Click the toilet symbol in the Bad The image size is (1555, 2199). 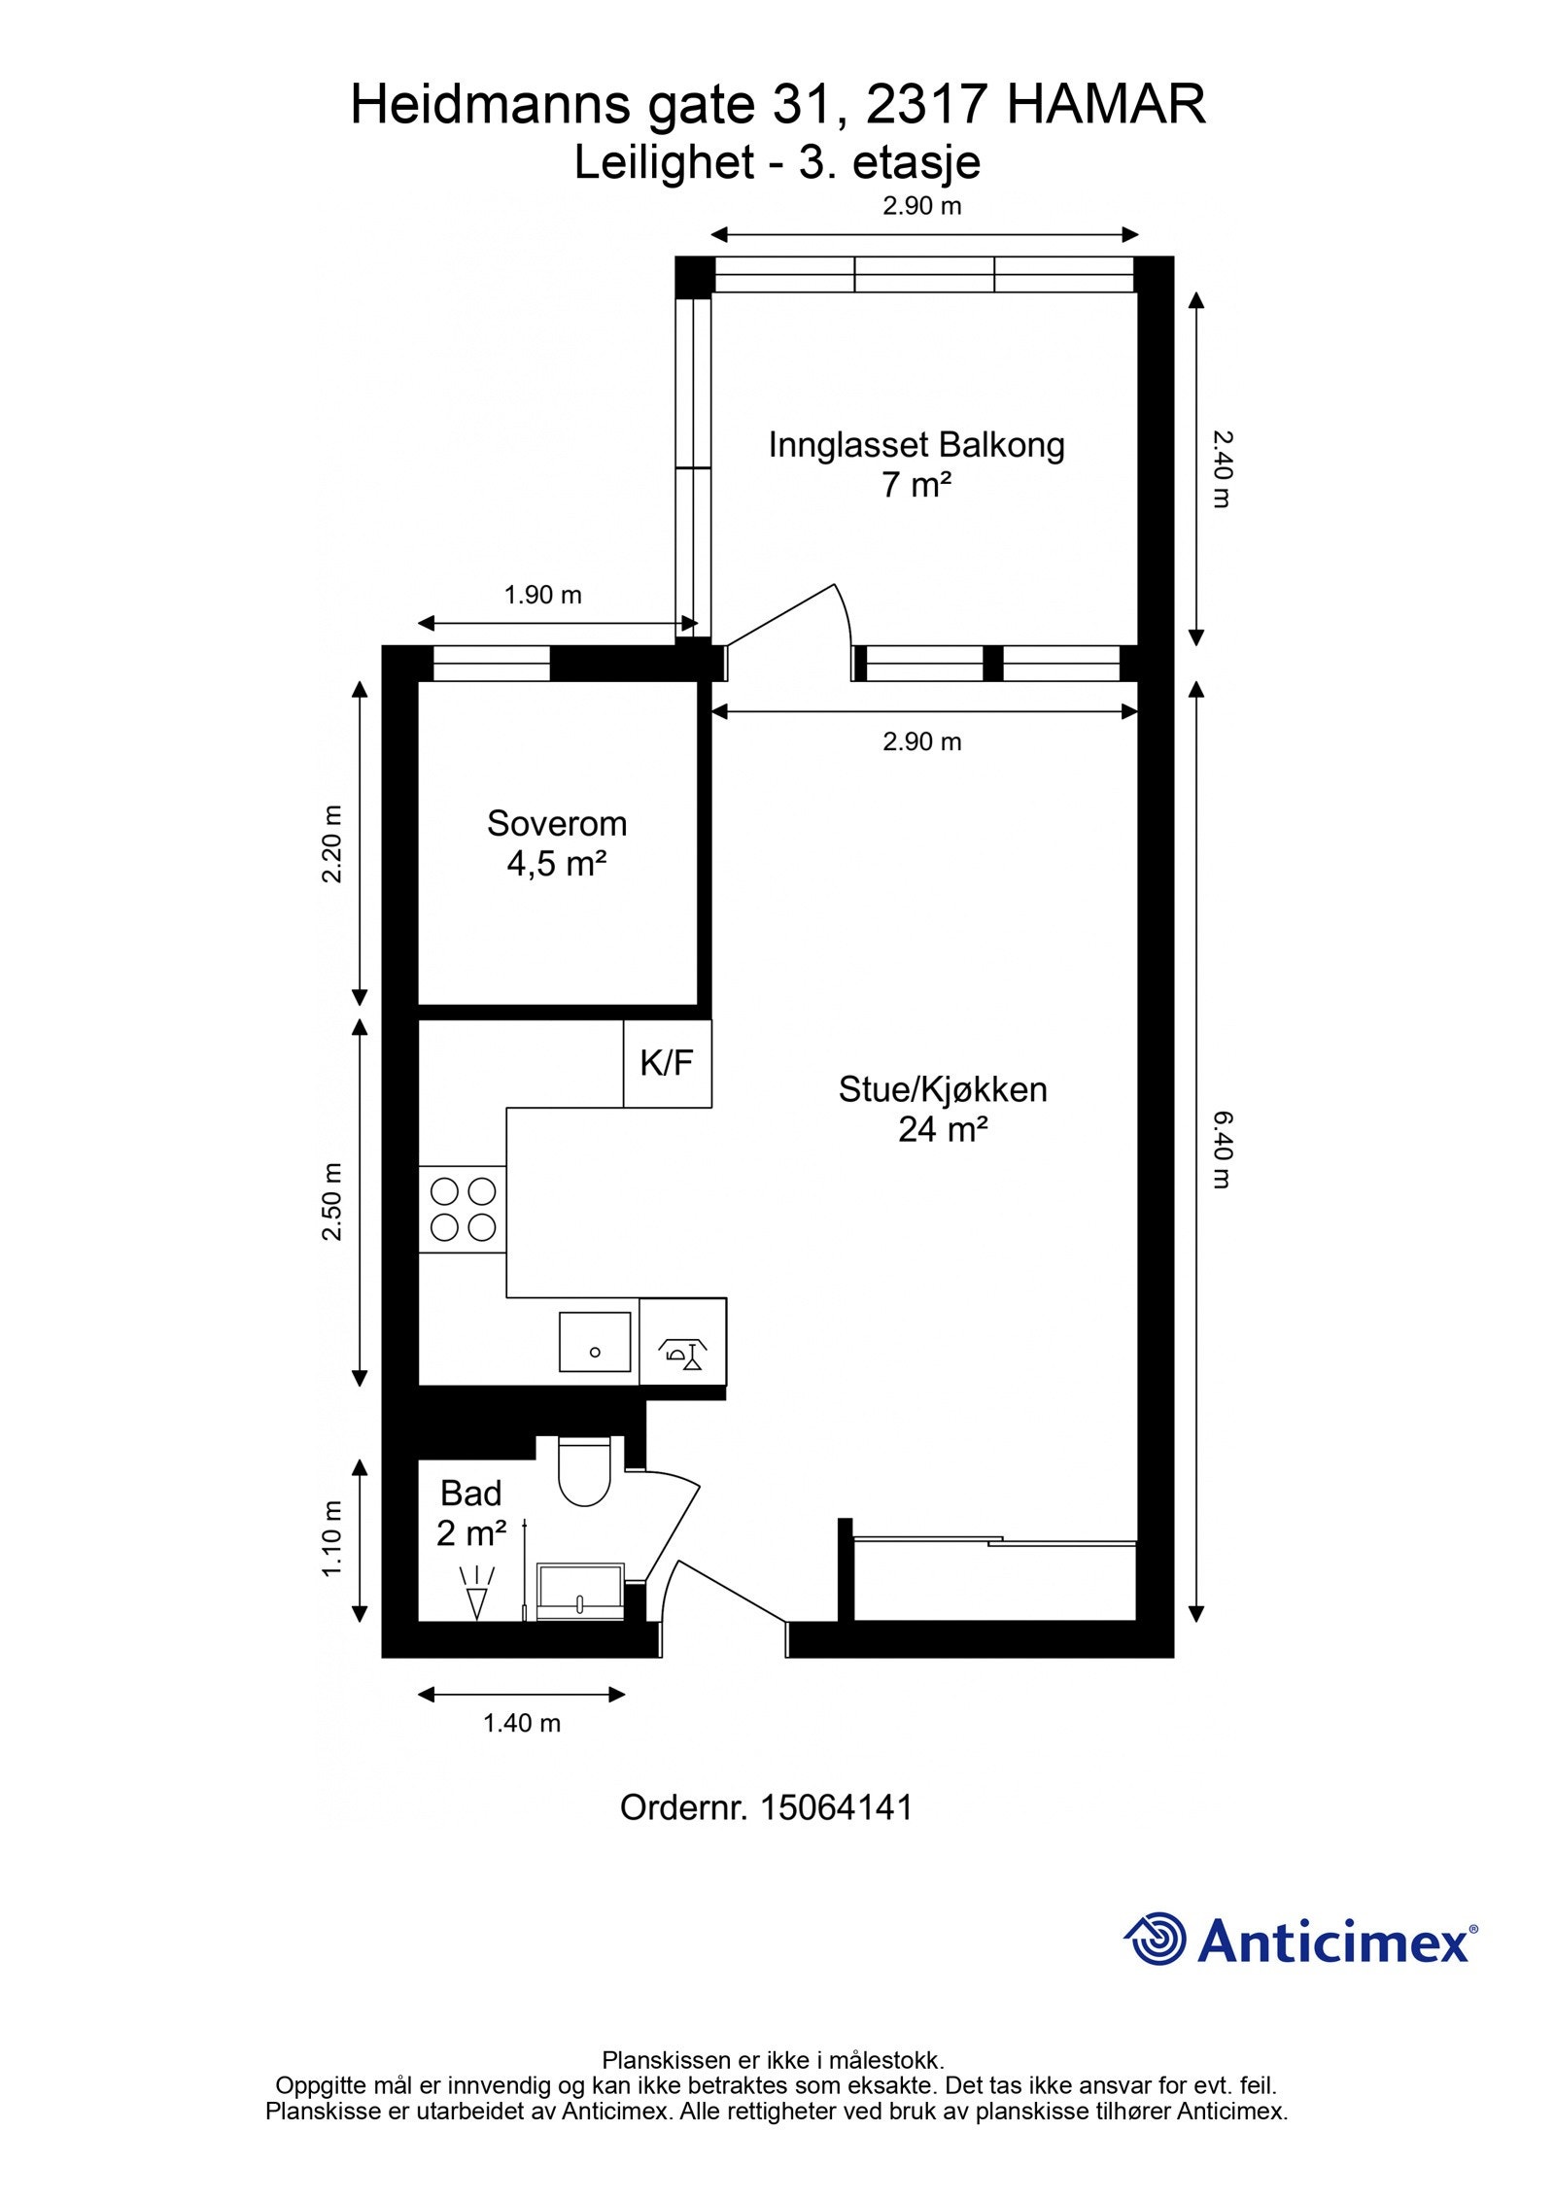click(x=583, y=1475)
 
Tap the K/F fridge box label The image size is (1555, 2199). click(x=667, y=1063)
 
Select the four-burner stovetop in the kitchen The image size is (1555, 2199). click(x=463, y=1209)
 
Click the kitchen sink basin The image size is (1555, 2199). click(x=595, y=1342)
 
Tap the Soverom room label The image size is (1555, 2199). click(x=557, y=823)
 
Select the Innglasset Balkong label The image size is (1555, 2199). click(x=916, y=445)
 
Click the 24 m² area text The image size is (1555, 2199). click(x=943, y=1129)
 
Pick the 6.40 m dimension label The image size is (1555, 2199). click(x=1221, y=1151)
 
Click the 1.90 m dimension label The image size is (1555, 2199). click(x=542, y=595)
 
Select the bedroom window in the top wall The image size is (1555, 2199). click(x=491, y=664)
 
